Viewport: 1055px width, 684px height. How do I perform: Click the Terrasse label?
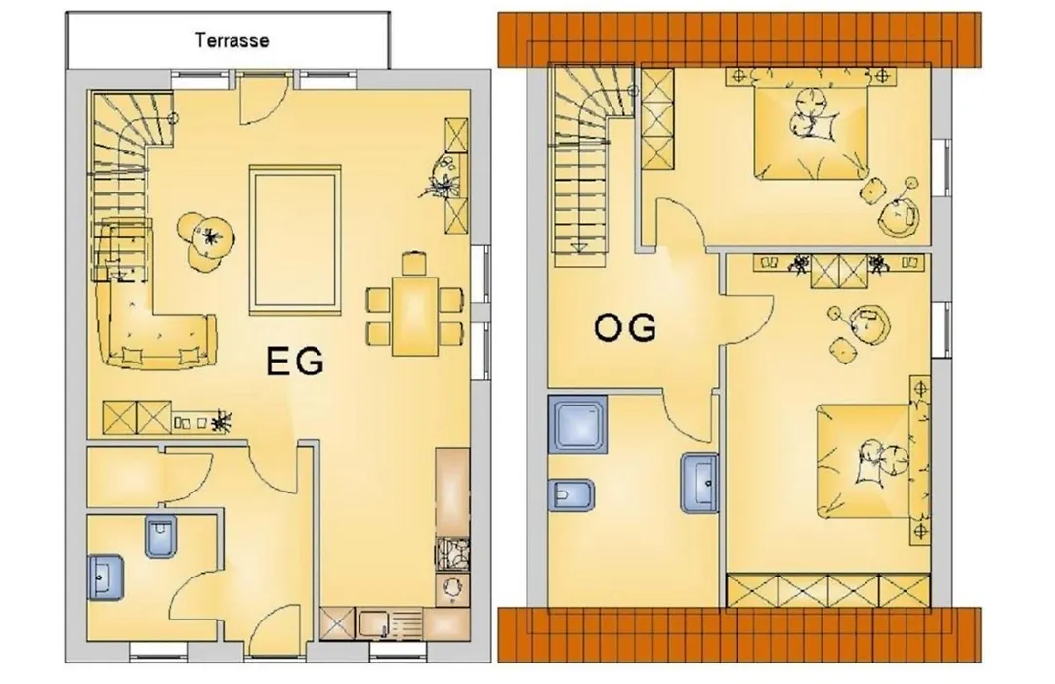(x=232, y=40)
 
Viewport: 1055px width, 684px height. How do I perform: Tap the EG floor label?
(x=295, y=362)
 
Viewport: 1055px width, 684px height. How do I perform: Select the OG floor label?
(x=625, y=328)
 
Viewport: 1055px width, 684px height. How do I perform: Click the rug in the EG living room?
(x=294, y=240)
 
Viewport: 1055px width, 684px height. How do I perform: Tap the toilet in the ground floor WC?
(x=160, y=536)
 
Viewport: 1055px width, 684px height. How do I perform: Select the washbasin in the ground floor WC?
(x=105, y=577)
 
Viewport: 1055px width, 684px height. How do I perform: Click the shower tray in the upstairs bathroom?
(x=578, y=423)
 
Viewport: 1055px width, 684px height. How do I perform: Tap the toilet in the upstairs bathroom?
(x=571, y=496)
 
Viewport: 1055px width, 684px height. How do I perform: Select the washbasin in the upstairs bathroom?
(x=699, y=483)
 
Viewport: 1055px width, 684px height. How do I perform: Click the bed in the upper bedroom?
(x=811, y=133)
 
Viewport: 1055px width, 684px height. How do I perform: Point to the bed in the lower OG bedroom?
(x=865, y=461)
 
